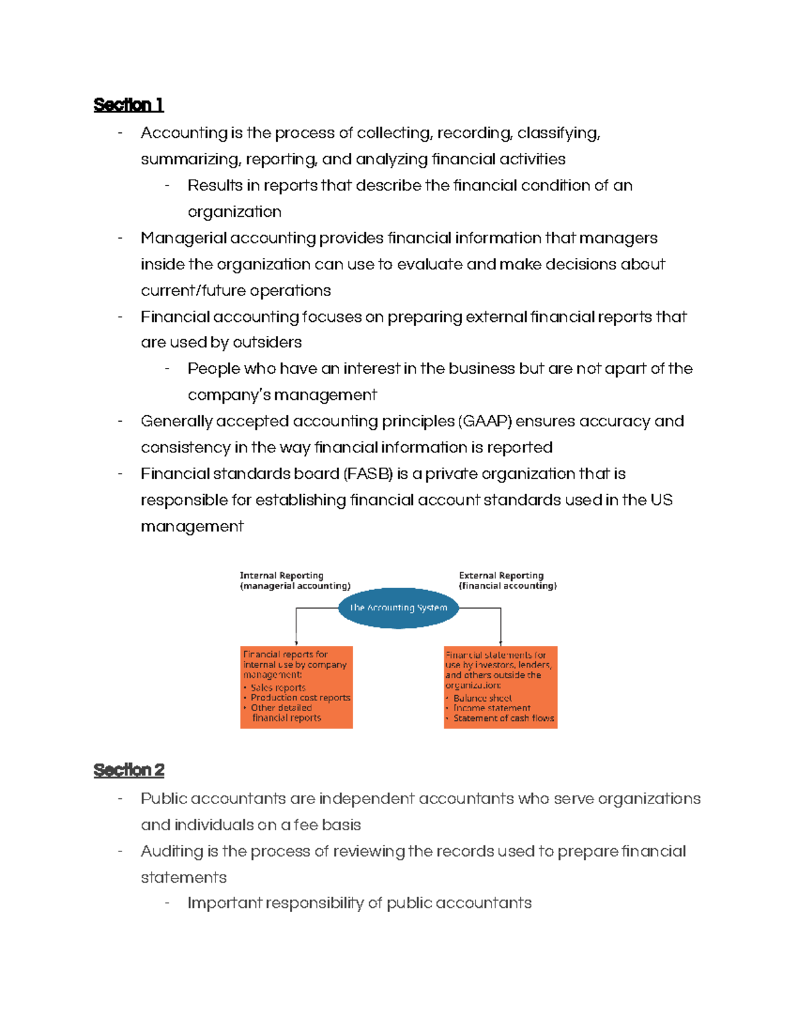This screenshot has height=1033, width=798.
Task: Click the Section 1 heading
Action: click(128, 105)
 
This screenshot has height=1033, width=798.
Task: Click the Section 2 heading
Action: click(128, 770)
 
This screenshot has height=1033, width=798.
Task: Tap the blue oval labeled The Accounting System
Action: click(398, 607)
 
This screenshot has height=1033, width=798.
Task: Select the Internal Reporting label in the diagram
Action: click(281, 575)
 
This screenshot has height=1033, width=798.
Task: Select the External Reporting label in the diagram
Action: click(501, 575)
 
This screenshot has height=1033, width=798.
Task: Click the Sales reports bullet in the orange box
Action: click(278, 688)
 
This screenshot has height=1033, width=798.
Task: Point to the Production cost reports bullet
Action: click(300, 698)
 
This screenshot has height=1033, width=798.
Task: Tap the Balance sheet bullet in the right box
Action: click(482, 698)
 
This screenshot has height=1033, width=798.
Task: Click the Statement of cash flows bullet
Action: click(503, 718)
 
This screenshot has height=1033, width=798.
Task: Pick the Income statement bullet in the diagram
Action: click(491, 708)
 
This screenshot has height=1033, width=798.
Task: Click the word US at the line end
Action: click(661, 500)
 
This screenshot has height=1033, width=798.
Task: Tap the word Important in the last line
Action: click(225, 903)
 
